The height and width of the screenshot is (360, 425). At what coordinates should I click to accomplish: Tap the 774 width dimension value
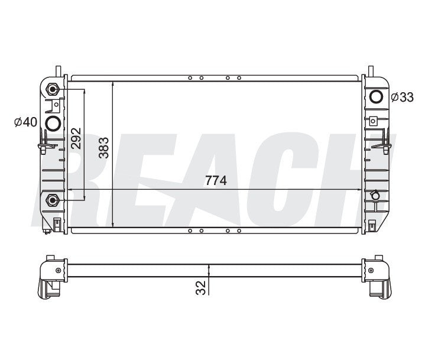[216, 181]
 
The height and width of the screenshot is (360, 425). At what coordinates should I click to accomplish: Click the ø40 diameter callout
[26, 122]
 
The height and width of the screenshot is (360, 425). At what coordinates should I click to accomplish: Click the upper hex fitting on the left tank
[53, 89]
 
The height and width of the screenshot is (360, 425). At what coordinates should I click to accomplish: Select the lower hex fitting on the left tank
[53, 200]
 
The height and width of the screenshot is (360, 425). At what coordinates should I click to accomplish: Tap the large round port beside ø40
[53, 123]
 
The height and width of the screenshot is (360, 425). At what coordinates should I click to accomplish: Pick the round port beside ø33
[375, 97]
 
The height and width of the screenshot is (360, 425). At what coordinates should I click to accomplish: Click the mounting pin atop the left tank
[59, 70]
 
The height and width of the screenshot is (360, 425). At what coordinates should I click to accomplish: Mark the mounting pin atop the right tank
[371, 70]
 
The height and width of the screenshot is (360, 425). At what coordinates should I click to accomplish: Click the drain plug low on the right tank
[374, 195]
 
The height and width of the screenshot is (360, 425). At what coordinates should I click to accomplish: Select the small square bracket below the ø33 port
[373, 121]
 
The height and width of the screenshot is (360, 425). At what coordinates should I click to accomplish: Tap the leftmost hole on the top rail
[190, 77]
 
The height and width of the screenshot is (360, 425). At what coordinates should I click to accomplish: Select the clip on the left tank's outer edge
[40, 144]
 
